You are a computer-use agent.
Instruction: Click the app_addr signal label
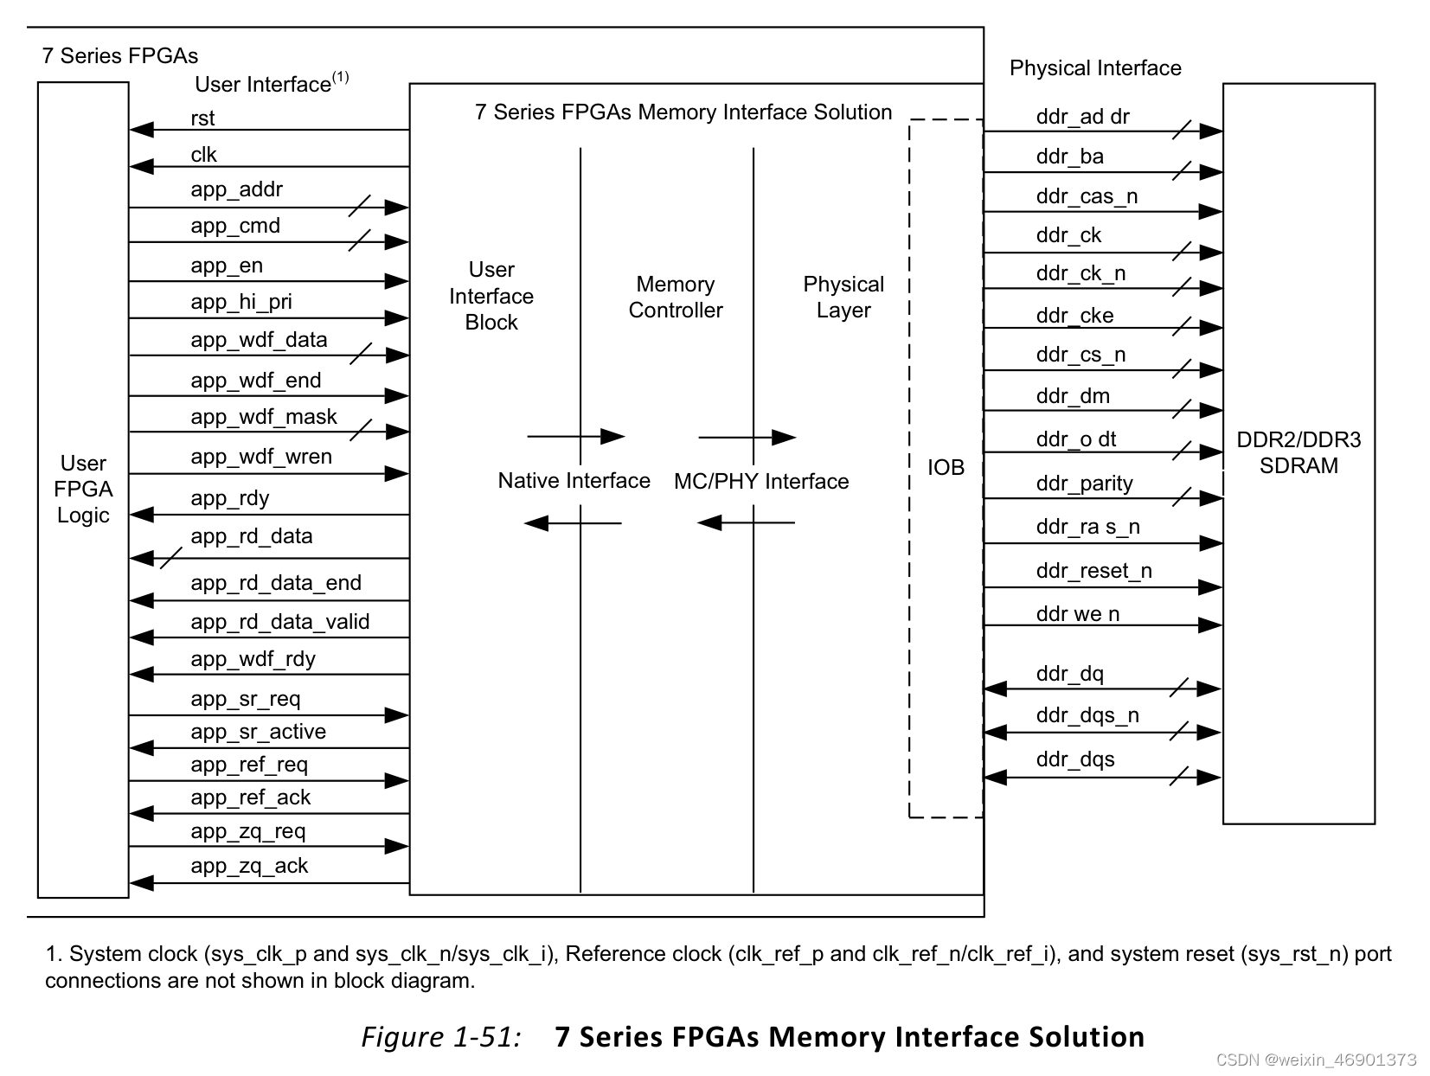tap(236, 189)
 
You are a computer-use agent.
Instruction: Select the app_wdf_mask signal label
tap(263, 417)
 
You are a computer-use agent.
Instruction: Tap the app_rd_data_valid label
tap(279, 622)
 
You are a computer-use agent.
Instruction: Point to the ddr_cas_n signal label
tap(1087, 196)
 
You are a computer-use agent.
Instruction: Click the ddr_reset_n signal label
tap(1093, 571)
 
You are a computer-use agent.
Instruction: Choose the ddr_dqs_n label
tap(1087, 715)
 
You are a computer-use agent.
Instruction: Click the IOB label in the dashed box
tap(946, 468)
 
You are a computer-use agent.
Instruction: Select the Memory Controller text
tap(675, 298)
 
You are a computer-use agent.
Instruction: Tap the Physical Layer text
tap(843, 298)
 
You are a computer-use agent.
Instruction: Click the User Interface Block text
tap(491, 296)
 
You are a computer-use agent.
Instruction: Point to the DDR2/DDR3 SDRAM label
tap(1299, 452)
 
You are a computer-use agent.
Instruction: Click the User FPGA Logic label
tap(83, 489)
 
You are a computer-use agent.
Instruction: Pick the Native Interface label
tap(574, 481)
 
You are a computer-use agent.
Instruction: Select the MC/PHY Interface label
tap(761, 482)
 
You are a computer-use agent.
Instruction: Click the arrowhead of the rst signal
tap(141, 130)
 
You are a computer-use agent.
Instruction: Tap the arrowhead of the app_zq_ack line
tap(141, 883)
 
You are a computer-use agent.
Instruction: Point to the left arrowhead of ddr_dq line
tap(996, 689)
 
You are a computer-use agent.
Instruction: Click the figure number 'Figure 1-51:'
tap(440, 1036)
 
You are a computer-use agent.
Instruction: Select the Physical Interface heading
tap(1095, 68)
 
